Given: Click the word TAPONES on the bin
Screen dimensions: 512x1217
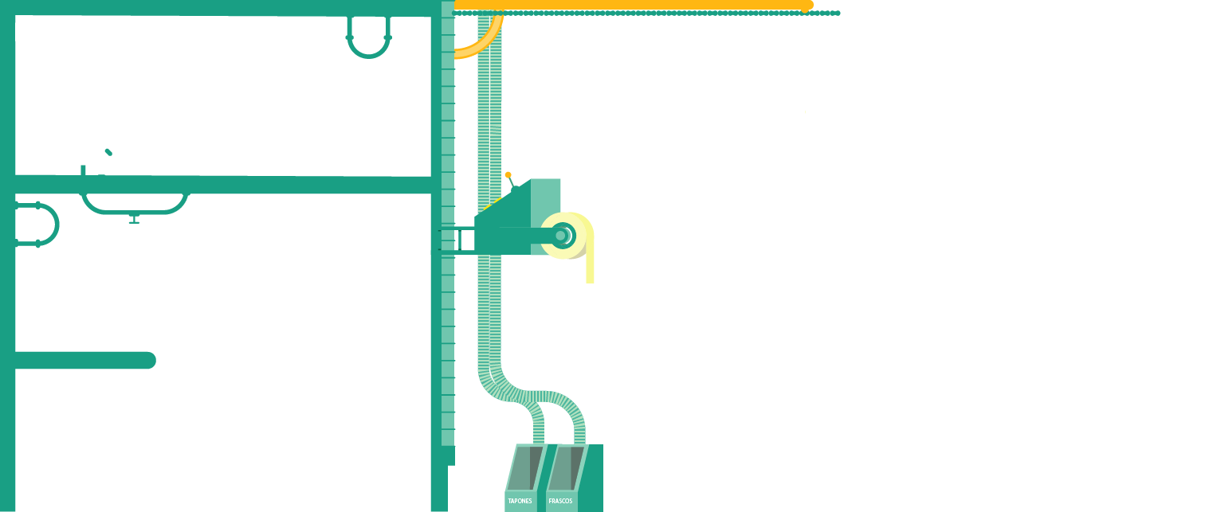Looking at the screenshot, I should [x=520, y=501].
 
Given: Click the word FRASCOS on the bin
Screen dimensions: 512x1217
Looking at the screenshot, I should [x=560, y=501].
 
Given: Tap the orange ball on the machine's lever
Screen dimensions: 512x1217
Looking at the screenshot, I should [x=508, y=174].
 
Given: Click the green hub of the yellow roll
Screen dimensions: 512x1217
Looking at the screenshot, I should [x=561, y=236].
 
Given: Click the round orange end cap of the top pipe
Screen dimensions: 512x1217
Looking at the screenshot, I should [x=807, y=6].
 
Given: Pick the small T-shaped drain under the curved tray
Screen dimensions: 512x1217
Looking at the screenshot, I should [x=134, y=219].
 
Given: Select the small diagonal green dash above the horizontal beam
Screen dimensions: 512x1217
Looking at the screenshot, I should [x=108, y=151].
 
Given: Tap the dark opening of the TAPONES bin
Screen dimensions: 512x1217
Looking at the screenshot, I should [x=525, y=468].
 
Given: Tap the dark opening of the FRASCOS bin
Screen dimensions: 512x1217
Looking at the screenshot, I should [x=566, y=468].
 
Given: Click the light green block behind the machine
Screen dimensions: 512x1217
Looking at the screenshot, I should [x=546, y=195].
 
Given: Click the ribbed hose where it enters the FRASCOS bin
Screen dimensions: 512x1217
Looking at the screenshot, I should [x=579, y=436].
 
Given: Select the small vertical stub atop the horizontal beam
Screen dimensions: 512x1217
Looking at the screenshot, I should [x=83, y=170].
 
